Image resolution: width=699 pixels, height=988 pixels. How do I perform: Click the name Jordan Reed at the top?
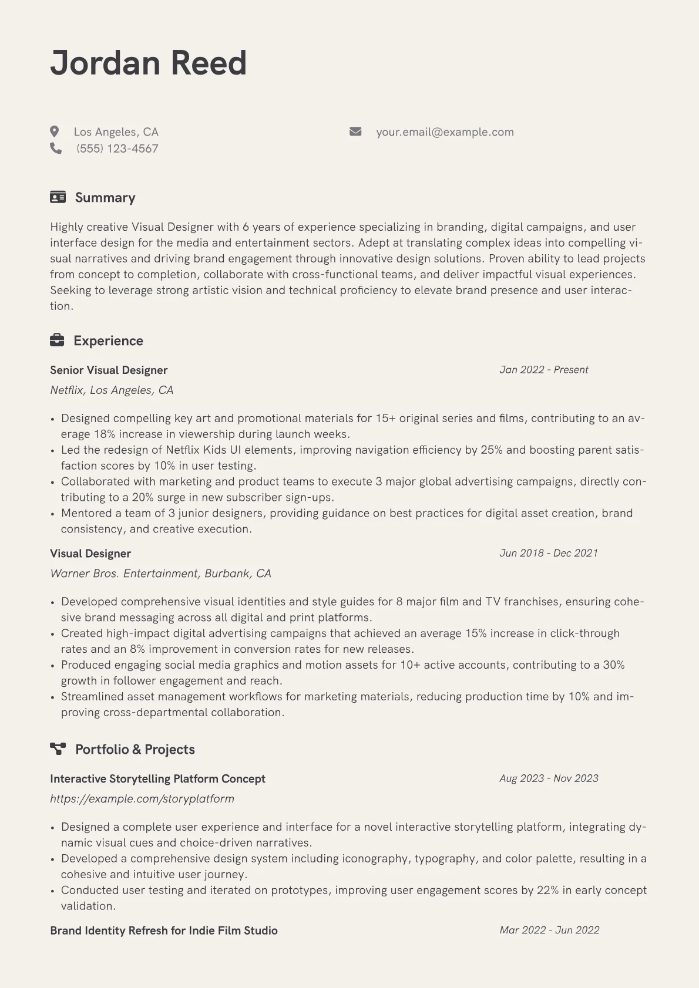[x=148, y=63]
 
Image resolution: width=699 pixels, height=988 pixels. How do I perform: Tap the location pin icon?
[x=55, y=131]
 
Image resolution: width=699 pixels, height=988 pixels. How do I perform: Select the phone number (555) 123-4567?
[x=117, y=149]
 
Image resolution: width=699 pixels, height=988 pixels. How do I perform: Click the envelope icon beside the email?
[x=355, y=131]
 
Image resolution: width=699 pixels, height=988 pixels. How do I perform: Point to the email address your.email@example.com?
[x=445, y=132]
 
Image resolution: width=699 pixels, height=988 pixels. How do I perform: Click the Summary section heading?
[x=105, y=197]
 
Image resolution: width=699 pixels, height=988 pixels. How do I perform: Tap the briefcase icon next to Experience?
[x=57, y=340]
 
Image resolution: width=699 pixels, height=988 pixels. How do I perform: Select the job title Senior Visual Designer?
[x=109, y=370]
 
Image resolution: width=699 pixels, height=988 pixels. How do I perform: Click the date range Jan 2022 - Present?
[x=543, y=370]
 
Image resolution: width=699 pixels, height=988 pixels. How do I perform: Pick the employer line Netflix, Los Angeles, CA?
[x=112, y=390]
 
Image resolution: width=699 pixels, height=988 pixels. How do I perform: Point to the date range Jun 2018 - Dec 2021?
[x=548, y=553]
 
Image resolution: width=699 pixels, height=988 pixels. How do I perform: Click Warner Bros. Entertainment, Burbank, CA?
[x=160, y=573]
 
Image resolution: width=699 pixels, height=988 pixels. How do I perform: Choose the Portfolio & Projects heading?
[x=135, y=749]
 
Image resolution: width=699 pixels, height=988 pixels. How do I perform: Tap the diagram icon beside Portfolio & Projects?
[x=58, y=748]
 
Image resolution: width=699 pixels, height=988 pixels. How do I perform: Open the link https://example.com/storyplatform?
[x=142, y=798]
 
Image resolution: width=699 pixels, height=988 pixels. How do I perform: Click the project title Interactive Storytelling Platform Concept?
[x=157, y=778]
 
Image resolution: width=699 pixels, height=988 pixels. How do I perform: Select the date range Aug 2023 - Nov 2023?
[x=549, y=778]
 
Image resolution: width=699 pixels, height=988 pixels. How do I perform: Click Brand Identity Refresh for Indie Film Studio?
[x=163, y=930]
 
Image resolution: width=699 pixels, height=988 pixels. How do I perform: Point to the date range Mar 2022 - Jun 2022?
[x=549, y=930]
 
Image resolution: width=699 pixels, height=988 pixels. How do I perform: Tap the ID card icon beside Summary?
[x=58, y=197]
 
